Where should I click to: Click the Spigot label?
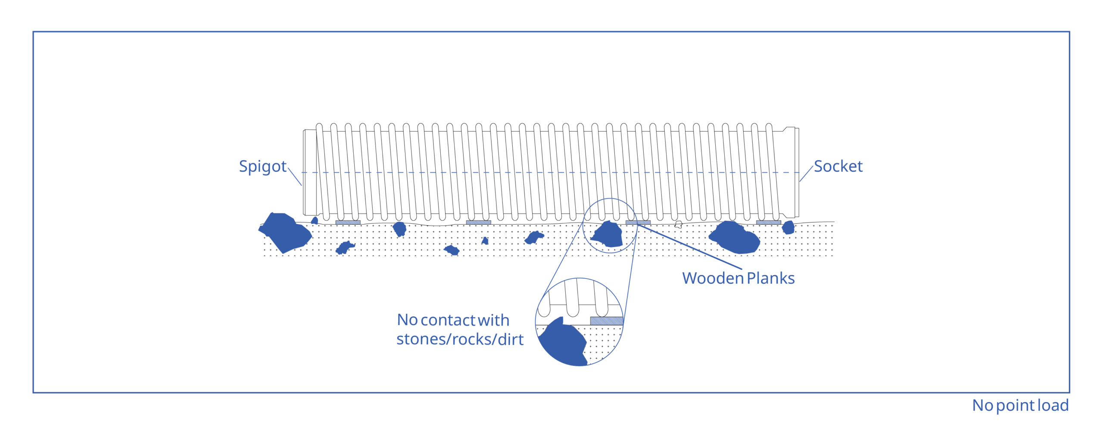(262, 167)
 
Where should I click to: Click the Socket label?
(838, 166)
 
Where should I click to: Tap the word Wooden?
(713, 278)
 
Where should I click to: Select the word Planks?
(770, 278)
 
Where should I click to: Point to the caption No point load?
(1020, 405)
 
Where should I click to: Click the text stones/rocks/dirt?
(460, 339)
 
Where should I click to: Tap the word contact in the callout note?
(448, 320)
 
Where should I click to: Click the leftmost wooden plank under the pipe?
(348, 223)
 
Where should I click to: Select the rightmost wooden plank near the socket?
(768, 223)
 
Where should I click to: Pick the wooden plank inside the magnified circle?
(606, 321)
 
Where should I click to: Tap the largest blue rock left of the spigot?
(285, 232)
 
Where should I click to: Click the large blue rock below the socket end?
(734, 237)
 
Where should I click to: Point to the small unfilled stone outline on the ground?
(678, 224)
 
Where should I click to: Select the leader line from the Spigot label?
(295, 176)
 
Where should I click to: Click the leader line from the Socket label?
(806, 174)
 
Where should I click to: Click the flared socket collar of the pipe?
(791, 173)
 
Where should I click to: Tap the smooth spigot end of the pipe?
(310, 172)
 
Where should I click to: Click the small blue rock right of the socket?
(788, 227)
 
